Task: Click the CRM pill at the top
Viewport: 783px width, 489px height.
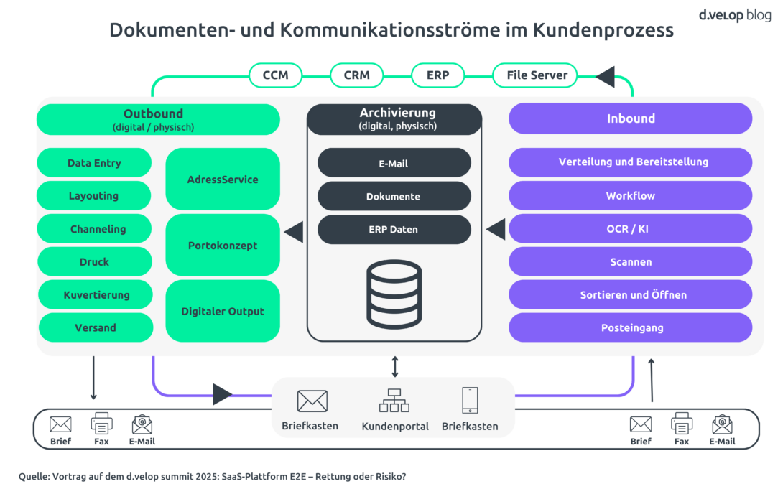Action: (356, 75)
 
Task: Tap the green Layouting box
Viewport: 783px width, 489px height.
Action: (94, 196)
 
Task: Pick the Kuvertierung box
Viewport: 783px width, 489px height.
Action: (96, 294)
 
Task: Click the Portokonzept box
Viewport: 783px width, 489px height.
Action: (223, 246)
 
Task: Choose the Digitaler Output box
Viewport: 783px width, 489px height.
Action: (223, 312)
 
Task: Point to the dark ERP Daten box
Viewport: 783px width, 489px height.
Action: (394, 230)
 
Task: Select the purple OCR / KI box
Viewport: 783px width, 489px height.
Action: (631, 229)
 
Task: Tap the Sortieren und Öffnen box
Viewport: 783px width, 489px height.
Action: (631, 294)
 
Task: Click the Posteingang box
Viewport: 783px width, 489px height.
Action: (631, 327)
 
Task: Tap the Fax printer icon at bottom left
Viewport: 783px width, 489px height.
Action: (101, 424)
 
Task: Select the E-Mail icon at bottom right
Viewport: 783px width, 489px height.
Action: (722, 424)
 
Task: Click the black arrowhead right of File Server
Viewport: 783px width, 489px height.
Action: (606, 75)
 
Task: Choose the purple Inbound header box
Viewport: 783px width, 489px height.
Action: (631, 118)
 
